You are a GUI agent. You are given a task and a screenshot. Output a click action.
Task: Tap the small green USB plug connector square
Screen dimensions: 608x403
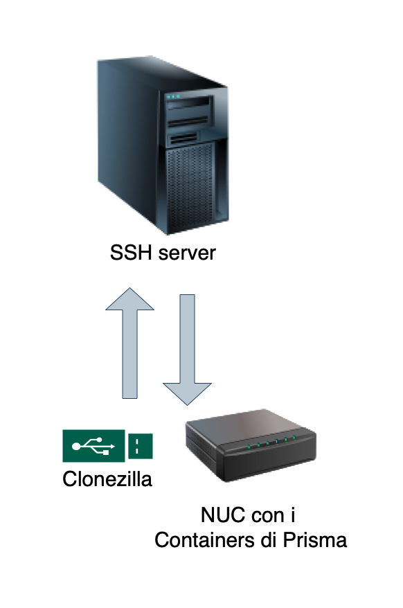pyautogui.click(x=140, y=446)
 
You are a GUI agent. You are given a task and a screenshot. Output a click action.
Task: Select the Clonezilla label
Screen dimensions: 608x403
pyautogui.click(x=107, y=479)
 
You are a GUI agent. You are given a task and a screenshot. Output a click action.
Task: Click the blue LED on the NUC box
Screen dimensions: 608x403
pyautogui.click(x=276, y=441)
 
